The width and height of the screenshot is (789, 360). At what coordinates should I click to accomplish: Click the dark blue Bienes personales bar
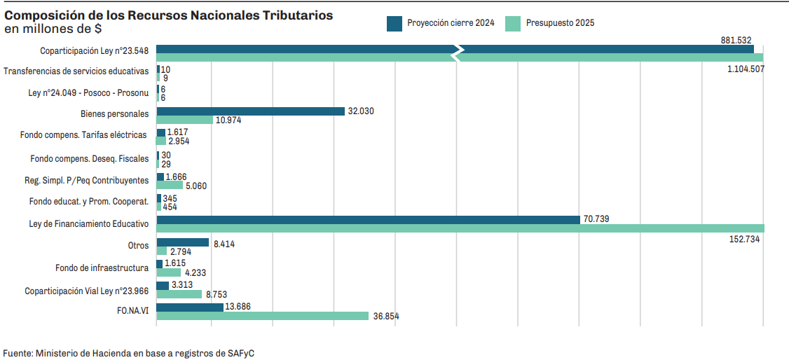[x=250, y=111]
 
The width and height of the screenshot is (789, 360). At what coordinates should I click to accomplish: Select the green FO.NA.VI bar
[x=262, y=316]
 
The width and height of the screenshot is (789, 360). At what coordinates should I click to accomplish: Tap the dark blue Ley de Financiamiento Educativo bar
[x=368, y=220]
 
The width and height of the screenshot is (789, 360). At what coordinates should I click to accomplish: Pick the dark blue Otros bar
[x=182, y=242]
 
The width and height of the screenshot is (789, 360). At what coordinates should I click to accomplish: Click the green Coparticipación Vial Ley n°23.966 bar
[x=179, y=295]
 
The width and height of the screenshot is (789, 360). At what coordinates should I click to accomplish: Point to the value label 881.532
[x=736, y=41]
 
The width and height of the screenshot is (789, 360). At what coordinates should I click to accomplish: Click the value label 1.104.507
[x=745, y=69]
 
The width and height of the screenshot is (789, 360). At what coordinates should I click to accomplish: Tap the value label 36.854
[x=386, y=317]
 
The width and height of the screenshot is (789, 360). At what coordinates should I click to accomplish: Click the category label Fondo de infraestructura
[x=102, y=268]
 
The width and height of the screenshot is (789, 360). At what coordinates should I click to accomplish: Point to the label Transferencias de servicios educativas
[x=76, y=71]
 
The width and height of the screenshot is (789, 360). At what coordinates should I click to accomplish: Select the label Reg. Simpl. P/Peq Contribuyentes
[x=86, y=181]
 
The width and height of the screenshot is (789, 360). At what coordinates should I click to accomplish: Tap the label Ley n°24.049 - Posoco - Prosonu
[x=88, y=93]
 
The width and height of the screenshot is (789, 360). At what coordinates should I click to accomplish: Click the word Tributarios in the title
[x=293, y=15]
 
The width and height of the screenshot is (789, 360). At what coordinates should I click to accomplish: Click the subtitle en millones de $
[x=53, y=29]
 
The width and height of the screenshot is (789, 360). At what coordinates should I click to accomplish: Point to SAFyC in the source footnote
[x=240, y=353]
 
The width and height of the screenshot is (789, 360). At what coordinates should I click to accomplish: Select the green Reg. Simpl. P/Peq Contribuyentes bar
[x=170, y=186]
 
